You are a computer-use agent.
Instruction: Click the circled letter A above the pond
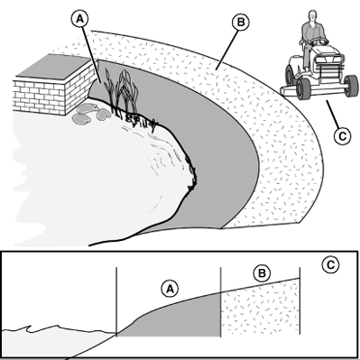79,19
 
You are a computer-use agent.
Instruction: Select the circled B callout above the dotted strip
241,23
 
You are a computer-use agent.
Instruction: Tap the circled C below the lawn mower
342,135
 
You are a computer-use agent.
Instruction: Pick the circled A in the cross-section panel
170,289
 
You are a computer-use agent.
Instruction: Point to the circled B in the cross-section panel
262,273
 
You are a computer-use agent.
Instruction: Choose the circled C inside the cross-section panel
330,264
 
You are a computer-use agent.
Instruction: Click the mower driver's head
313,16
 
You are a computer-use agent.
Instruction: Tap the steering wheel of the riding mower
319,40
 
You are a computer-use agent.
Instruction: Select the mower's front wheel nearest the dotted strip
303,88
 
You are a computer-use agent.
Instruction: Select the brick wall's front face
39,97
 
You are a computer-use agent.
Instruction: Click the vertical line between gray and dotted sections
221,302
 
